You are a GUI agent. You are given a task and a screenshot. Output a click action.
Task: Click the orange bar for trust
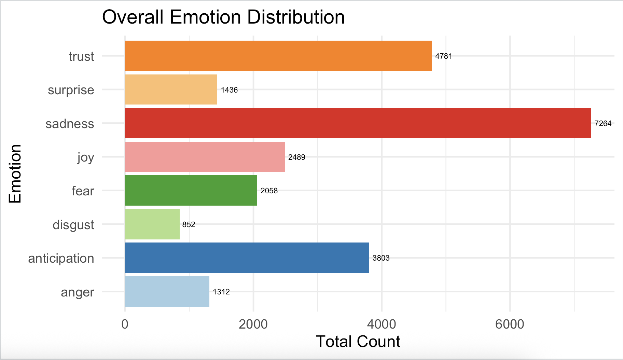click(278, 56)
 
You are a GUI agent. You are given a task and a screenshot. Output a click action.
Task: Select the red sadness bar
click(358, 123)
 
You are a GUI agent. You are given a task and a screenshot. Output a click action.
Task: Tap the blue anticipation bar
click(247, 258)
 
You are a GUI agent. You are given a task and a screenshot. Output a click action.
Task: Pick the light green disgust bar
click(152, 224)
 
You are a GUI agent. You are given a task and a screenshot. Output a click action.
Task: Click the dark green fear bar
click(191, 191)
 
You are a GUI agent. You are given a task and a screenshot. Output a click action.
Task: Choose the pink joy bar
click(205, 157)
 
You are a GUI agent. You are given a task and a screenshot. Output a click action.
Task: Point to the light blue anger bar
click(167, 292)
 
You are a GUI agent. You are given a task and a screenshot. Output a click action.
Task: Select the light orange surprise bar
click(171, 89)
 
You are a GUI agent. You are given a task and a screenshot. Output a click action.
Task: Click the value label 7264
click(603, 123)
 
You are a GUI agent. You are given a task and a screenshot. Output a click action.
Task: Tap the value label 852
click(189, 224)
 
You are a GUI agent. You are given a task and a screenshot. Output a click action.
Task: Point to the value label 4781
click(443, 56)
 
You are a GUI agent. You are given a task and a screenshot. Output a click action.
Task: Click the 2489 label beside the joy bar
click(296, 157)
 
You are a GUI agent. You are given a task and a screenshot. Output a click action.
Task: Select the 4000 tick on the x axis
click(382, 324)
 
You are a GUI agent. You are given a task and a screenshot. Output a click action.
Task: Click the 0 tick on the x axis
click(125, 324)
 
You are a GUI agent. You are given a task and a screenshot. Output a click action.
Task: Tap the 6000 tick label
click(510, 324)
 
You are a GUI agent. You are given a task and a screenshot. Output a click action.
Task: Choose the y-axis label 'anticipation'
click(61, 258)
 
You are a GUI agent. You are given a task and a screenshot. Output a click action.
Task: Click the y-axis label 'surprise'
click(71, 90)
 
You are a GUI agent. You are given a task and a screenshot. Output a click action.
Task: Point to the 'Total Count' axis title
click(358, 342)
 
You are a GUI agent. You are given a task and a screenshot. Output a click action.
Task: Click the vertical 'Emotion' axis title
click(15, 174)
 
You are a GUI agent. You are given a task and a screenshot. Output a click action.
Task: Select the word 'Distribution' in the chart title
click(296, 17)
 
